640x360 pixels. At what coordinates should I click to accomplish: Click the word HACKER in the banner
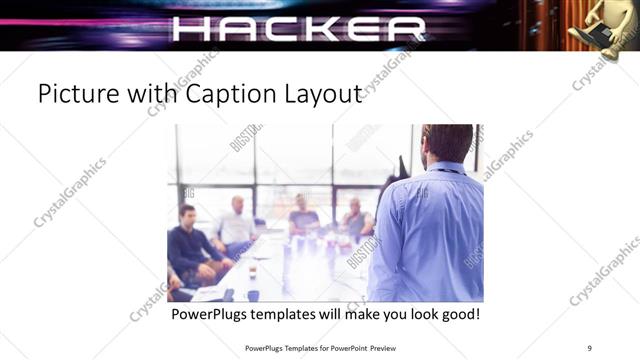click(x=299, y=28)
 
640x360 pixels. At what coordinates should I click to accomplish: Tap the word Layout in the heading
click(x=322, y=95)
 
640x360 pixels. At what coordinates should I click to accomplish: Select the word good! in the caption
click(x=457, y=314)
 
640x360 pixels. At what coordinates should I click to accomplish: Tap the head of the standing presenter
click(x=446, y=143)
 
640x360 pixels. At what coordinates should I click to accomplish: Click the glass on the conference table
click(x=253, y=271)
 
